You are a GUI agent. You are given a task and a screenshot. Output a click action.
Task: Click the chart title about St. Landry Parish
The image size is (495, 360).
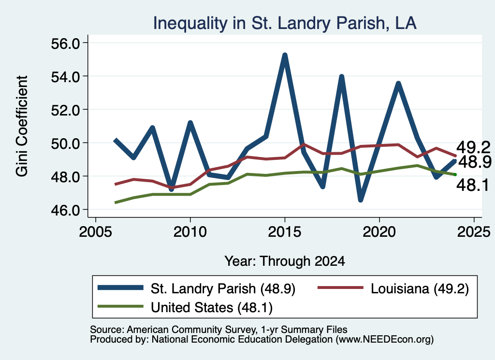pos(285,23)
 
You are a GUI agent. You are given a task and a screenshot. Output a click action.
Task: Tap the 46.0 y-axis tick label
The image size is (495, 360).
pos(65,210)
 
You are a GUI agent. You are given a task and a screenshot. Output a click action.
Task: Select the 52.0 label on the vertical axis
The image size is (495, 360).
pos(65,110)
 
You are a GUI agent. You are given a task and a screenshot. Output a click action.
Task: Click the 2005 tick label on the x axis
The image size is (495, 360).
pos(95,232)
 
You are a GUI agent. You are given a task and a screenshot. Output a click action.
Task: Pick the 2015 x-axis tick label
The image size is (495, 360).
pos(285,232)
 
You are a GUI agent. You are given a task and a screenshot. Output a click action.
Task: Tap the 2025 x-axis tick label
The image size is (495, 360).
pos(474,232)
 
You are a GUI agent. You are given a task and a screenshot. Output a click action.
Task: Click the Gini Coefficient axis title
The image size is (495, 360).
pos(22,126)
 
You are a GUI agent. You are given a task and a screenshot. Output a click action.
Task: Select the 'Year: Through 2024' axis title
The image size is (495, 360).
pos(285,261)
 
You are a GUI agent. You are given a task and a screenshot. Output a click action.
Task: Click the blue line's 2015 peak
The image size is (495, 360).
pos(285,56)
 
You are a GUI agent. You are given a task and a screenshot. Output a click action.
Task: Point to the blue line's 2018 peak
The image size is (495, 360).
pos(342,77)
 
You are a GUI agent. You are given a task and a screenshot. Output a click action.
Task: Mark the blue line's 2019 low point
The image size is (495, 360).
pos(361,200)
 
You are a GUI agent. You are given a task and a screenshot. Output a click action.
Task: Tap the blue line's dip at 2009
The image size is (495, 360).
pos(172,189)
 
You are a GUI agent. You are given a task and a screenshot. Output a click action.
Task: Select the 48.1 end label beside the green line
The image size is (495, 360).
pos(473,185)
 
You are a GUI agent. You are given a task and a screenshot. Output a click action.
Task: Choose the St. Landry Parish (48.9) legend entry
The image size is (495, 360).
pos(197,288)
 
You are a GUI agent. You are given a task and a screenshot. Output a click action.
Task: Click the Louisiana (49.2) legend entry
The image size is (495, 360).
pos(393,288)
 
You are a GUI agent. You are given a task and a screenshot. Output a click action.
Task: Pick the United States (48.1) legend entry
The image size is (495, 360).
pos(185,307)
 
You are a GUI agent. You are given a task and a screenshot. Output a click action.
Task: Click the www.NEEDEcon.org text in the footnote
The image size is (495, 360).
pos(384,340)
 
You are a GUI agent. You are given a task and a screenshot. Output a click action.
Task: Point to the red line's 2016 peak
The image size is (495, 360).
pos(304,144)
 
